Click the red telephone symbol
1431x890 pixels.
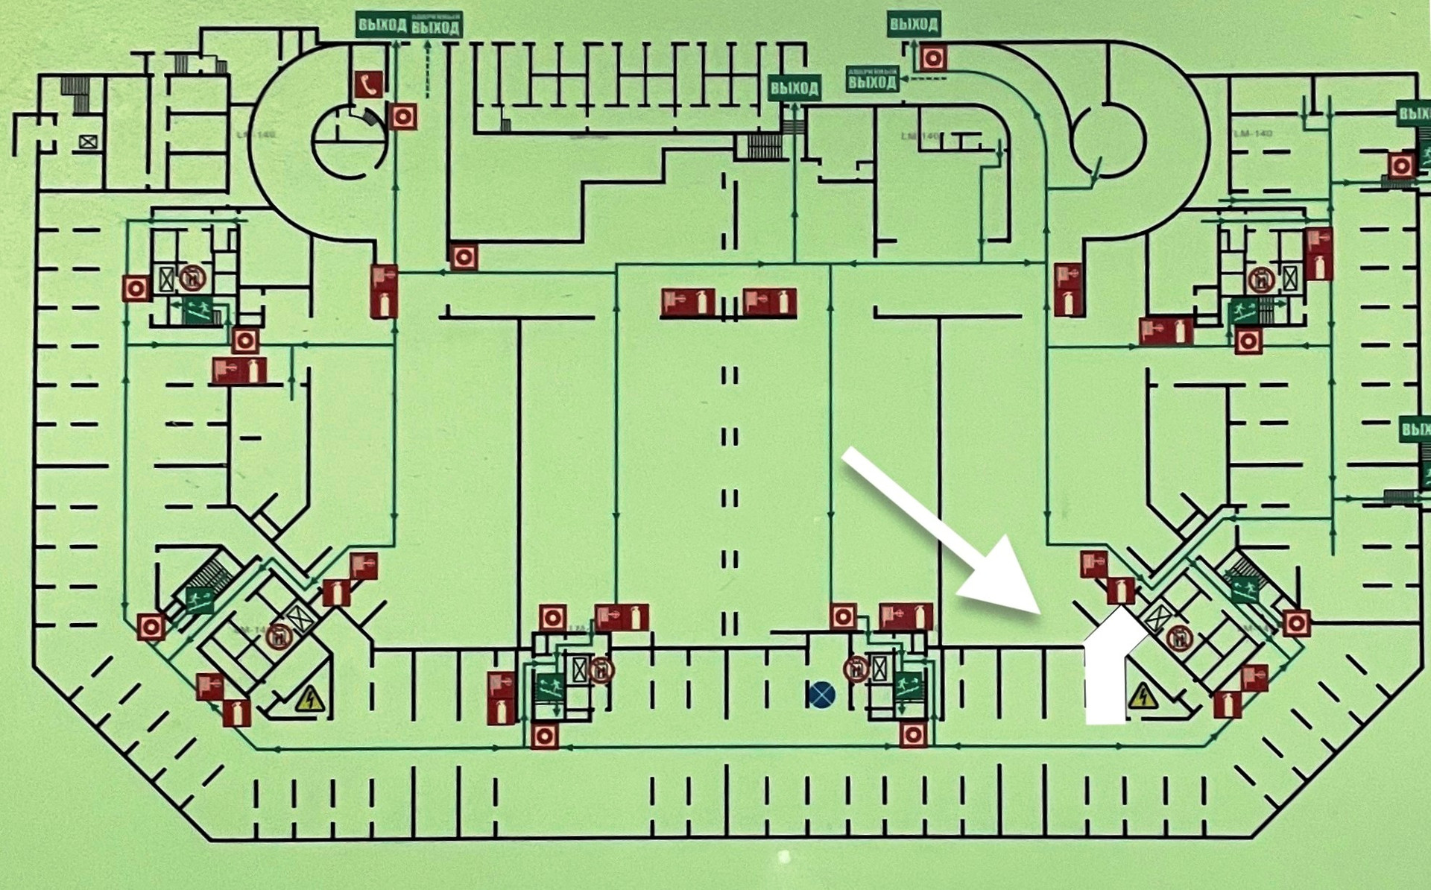[368, 85]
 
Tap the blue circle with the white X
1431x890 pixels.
[821, 695]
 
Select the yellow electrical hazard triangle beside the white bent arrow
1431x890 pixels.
[1143, 696]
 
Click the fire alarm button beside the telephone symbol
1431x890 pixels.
[402, 116]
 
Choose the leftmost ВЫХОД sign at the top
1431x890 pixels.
[382, 25]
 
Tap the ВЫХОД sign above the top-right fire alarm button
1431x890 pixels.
[913, 24]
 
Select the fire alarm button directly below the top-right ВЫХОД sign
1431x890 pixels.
[932, 57]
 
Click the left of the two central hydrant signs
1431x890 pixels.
[687, 303]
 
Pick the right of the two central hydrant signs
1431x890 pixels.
[769, 303]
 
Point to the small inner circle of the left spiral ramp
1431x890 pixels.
[348, 142]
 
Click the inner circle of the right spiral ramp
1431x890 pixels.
[1108, 139]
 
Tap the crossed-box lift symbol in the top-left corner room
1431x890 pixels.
[88, 141]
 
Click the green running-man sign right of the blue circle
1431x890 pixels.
[908, 684]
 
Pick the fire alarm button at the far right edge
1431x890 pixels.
[1401, 165]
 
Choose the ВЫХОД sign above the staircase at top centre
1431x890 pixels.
[795, 88]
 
